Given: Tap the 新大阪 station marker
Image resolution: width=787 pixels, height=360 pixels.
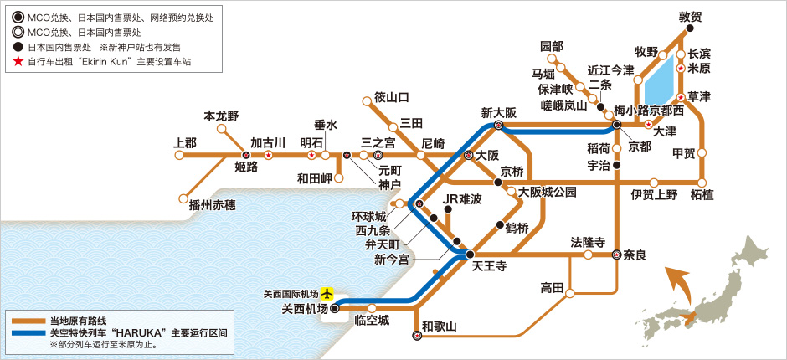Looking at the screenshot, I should coord(499,126).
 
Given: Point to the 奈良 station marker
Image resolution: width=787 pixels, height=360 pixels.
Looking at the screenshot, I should coord(617,256).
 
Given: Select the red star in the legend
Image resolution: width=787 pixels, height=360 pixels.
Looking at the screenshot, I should coord(17,62).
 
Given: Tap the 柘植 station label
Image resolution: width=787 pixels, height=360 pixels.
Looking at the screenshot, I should coord(702,195).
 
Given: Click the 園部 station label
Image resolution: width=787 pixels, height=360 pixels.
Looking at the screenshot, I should coord(552,45).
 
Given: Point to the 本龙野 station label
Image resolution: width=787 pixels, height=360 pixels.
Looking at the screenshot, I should coord(222,116).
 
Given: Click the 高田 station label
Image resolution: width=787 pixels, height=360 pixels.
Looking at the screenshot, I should coord(553,287).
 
